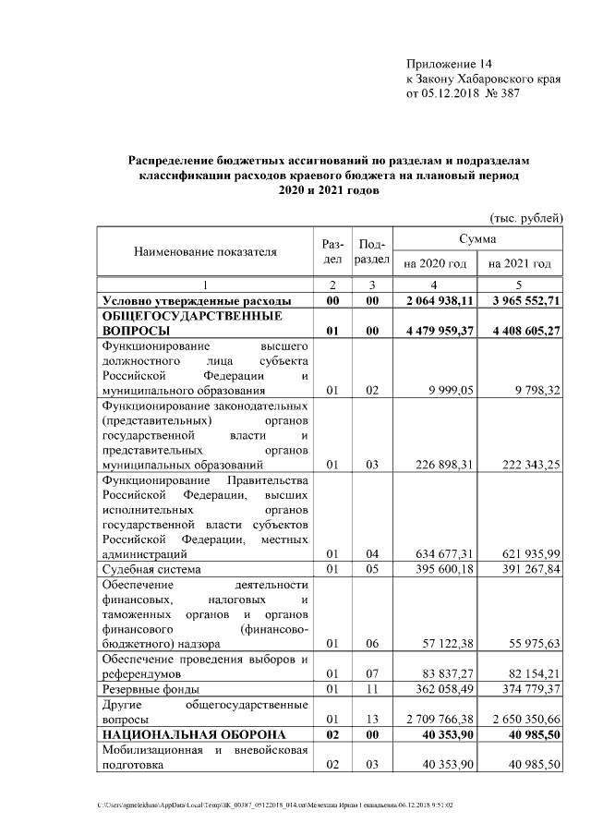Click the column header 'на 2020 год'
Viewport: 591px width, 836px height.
(435, 263)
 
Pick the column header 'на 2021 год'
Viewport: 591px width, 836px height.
(520, 263)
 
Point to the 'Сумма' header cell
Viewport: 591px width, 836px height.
(477, 239)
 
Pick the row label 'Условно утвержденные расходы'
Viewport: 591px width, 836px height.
(197, 300)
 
